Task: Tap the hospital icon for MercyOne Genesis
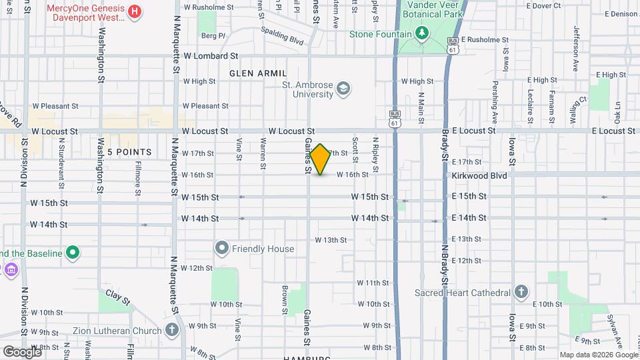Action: [135, 11]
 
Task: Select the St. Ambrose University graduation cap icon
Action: [343, 88]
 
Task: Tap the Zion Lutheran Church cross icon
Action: [172, 330]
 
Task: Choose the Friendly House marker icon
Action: [222, 249]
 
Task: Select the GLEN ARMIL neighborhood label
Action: [258, 73]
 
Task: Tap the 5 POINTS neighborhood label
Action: [129, 152]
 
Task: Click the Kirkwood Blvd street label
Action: [479, 175]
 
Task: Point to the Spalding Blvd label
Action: [283, 36]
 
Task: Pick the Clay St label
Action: [118, 297]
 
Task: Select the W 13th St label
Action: [331, 239]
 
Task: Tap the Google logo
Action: [21, 351]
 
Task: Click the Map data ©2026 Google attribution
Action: [598, 355]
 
